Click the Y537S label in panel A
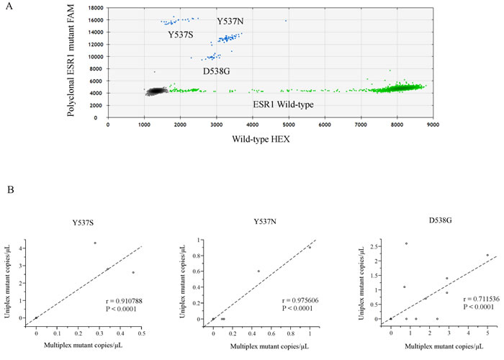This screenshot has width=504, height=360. pyautogui.click(x=181, y=35)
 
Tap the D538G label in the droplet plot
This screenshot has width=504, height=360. pyautogui.click(x=216, y=71)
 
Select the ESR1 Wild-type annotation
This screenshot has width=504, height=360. pyautogui.click(x=283, y=104)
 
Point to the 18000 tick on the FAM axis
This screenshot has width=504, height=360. pyautogui.click(x=96, y=8)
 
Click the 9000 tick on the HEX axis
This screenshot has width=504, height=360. pyautogui.click(x=433, y=125)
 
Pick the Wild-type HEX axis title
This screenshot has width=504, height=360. pyautogui.click(x=261, y=139)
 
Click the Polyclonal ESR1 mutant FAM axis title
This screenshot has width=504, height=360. pyautogui.click(x=71, y=60)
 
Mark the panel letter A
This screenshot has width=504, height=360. pyautogui.click(x=9, y=6)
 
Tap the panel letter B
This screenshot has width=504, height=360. pyautogui.click(x=10, y=189)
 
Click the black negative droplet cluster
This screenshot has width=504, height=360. pyautogui.click(x=156, y=91)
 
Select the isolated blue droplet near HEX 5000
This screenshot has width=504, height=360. pyautogui.click(x=286, y=21)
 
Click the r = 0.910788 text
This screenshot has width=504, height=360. pyautogui.click(x=124, y=301)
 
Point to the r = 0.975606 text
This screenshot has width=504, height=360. pyautogui.click(x=300, y=300)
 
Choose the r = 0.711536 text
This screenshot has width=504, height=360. pyautogui.click(x=482, y=300)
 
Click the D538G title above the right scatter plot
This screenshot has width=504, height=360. pyautogui.click(x=440, y=220)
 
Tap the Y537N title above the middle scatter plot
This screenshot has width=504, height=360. pyautogui.click(x=265, y=222)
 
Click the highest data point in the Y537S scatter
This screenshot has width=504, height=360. pyautogui.click(x=95, y=243)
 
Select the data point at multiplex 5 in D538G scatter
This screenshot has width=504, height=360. pyautogui.click(x=487, y=255)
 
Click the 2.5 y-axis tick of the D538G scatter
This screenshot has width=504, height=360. pyautogui.click(x=373, y=246)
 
